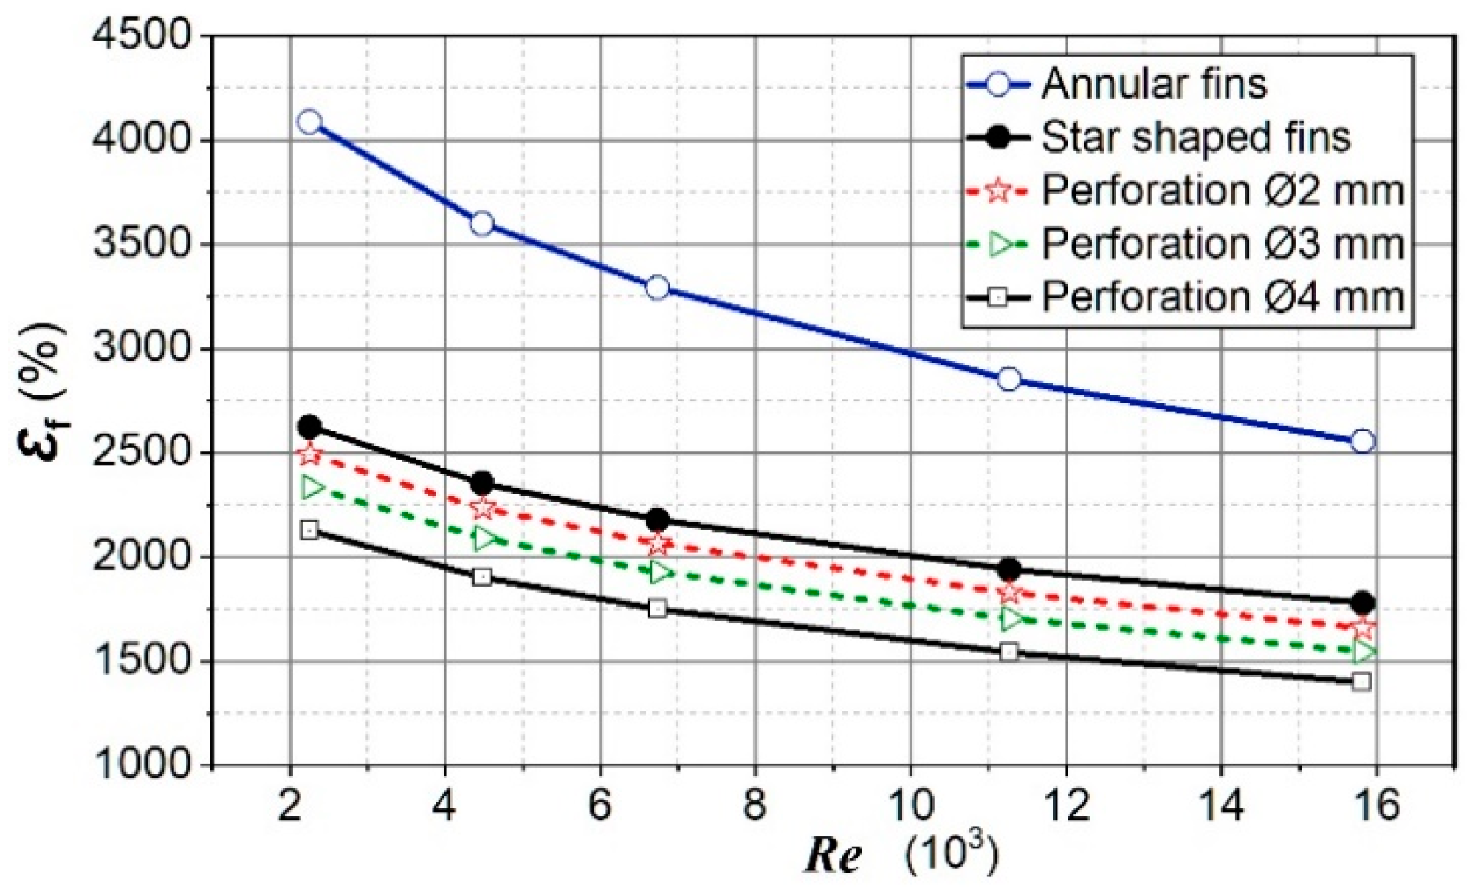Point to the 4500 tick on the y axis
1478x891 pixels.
point(142,35)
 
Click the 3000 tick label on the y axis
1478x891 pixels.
point(142,348)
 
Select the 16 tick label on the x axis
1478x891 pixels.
point(1376,805)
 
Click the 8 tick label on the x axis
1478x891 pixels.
point(755,805)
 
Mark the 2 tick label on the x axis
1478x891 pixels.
point(289,805)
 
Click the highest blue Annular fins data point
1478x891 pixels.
point(309,122)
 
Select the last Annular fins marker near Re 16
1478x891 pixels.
point(1362,442)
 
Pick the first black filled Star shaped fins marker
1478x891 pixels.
point(309,426)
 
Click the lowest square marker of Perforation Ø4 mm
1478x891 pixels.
point(1362,681)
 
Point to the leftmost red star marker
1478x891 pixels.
point(310,454)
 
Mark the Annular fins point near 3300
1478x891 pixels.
point(658,287)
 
